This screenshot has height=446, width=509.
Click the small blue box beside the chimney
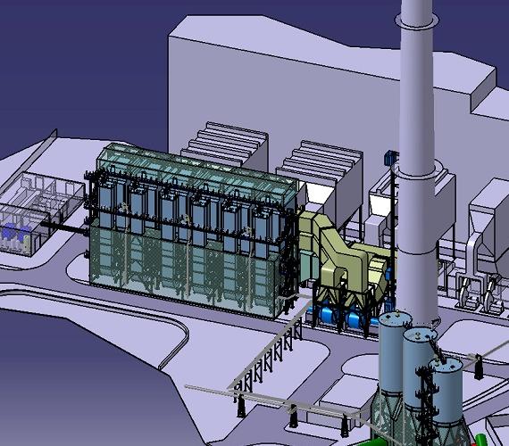(388, 157)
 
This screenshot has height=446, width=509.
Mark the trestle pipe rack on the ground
(268, 357)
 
